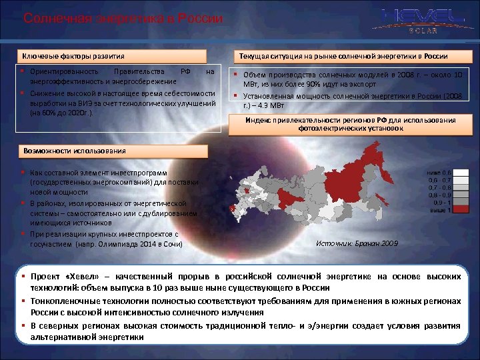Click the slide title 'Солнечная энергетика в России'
click(x=123, y=18)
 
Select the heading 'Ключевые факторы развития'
click(x=74, y=56)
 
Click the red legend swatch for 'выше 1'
click(x=456, y=209)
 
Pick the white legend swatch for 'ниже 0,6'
click(x=456, y=172)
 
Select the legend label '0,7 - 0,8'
click(x=439, y=187)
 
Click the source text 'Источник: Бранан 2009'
click(x=357, y=244)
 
